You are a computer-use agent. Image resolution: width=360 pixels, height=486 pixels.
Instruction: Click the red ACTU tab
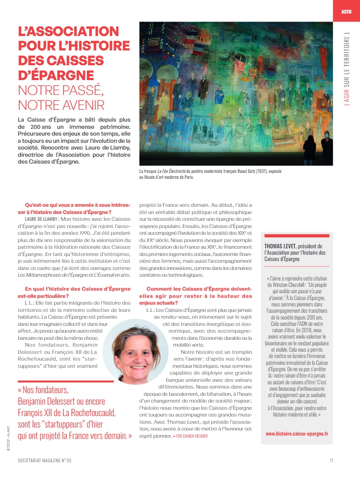(x=346, y=11)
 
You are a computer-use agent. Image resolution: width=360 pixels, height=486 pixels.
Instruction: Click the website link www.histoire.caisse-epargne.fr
(x=297, y=433)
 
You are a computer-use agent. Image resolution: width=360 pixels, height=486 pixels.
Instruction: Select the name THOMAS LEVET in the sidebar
(x=281, y=246)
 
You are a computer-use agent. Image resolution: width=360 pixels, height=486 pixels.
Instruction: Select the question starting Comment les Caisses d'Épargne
(x=196, y=296)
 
